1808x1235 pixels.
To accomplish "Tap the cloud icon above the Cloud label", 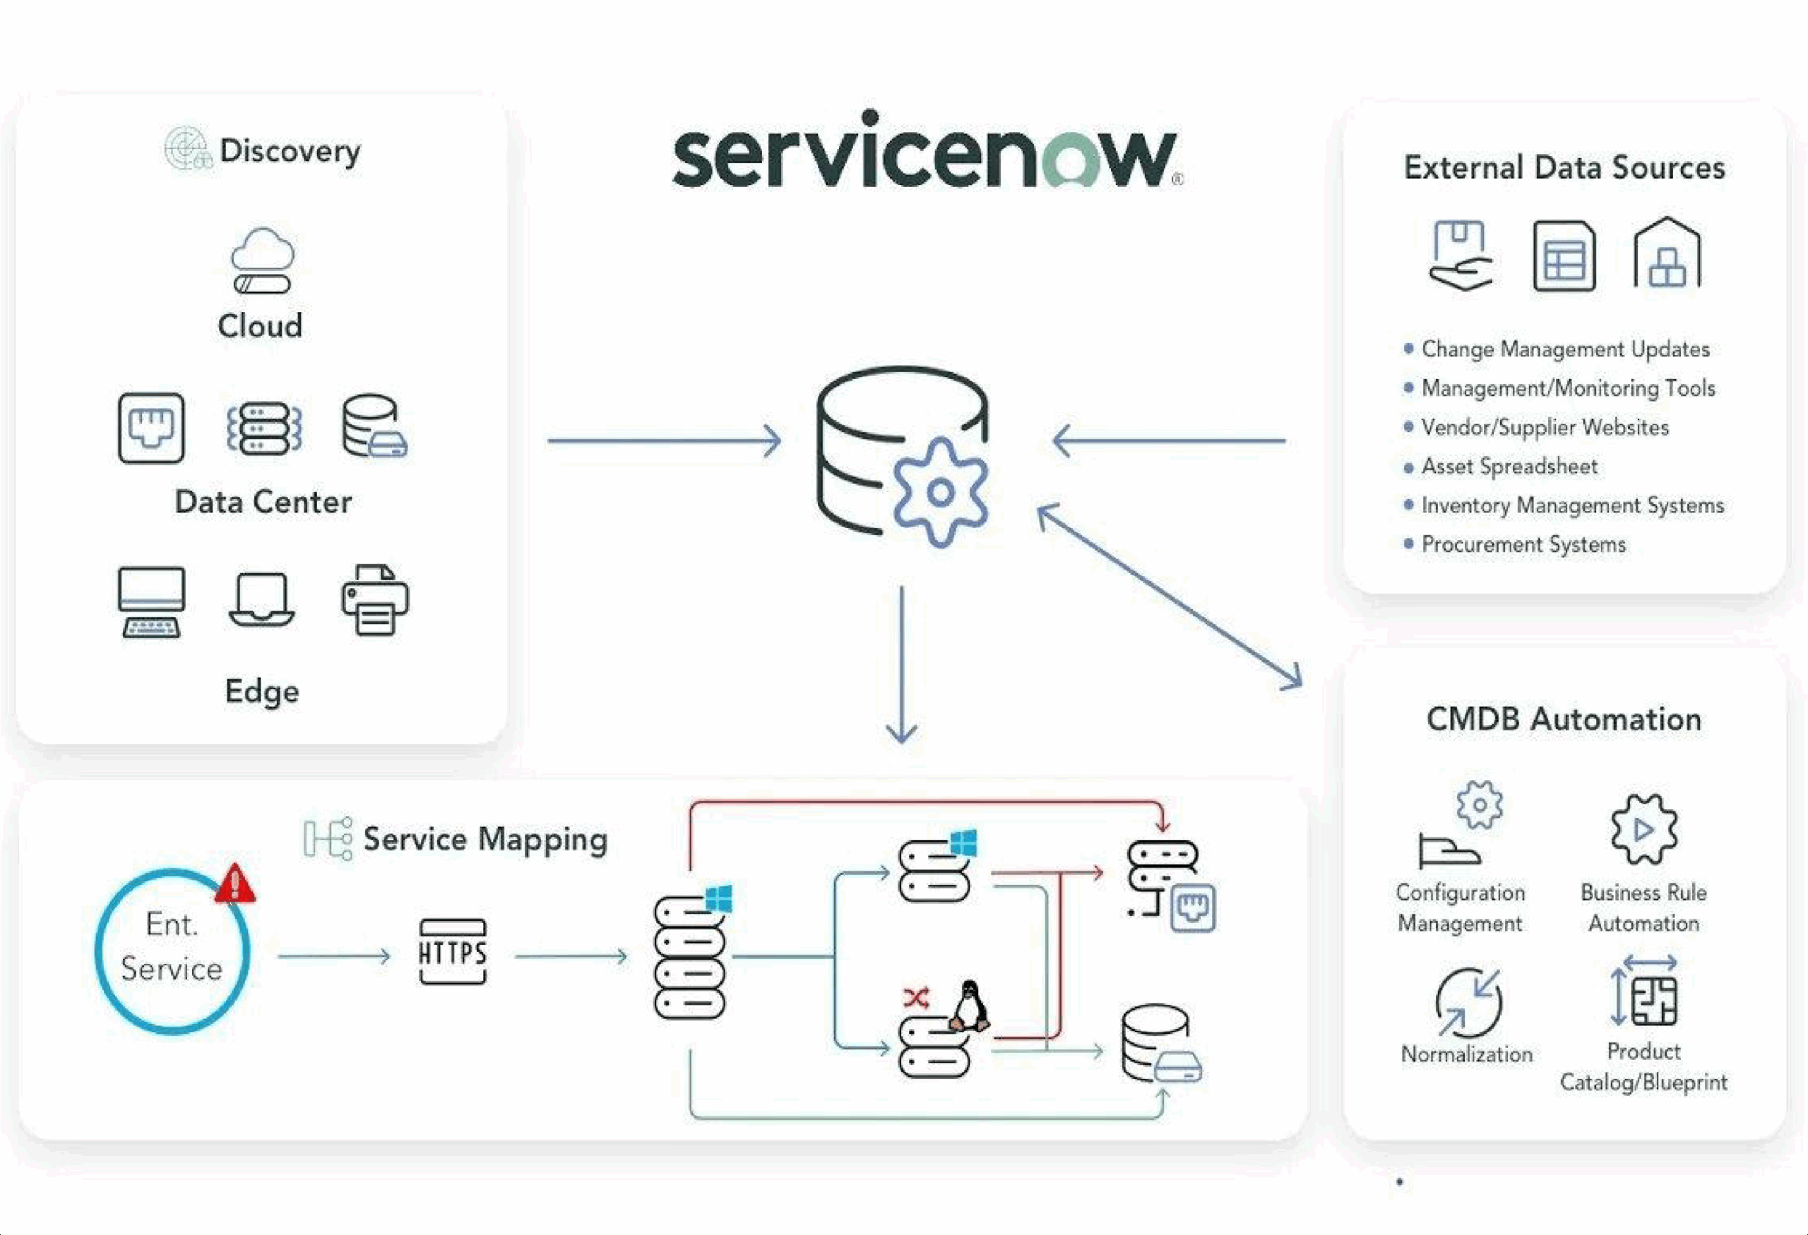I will tap(262, 260).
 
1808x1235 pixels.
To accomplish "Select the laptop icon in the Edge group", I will tap(261, 599).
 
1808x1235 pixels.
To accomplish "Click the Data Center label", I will tap(263, 502).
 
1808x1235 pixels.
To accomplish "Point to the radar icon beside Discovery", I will tap(187, 148).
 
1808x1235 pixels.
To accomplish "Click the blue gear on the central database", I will tap(941, 491).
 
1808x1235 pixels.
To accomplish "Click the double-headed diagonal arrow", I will tap(1170, 596).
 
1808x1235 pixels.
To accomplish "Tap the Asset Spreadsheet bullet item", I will tap(1509, 467).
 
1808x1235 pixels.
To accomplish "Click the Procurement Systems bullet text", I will tap(1523, 544).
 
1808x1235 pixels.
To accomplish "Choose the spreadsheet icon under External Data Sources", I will tap(1564, 256).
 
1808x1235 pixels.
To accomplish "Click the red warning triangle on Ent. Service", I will tap(235, 884).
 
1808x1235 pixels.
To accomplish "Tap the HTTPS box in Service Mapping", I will tap(452, 952).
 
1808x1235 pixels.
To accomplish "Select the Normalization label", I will tap(1466, 1054).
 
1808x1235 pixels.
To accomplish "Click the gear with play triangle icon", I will tap(1643, 830).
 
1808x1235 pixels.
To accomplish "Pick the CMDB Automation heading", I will tap(1564, 720).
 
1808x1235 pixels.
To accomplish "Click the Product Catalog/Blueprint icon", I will tap(1647, 997).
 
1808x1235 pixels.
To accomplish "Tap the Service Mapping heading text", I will tap(484, 839).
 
